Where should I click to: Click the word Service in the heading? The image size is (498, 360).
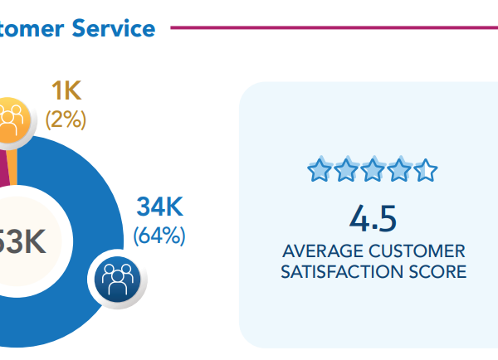(x=113, y=28)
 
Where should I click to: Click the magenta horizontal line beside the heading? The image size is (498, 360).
(x=332, y=27)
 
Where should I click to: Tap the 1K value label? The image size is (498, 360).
(x=66, y=91)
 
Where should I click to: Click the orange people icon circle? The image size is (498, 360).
(x=11, y=119)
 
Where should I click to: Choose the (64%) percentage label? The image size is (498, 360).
(x=159, y=236)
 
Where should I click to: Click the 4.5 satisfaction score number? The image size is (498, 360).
(x=373, y=219)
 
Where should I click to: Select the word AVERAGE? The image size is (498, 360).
(x=320, y=251)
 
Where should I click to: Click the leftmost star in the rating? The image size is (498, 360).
(x=319, y=172)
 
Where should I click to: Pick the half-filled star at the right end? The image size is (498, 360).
(x=426, y=172)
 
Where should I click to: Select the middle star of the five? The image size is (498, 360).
(x=373, y=172)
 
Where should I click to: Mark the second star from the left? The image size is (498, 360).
(x=346, y=172)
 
